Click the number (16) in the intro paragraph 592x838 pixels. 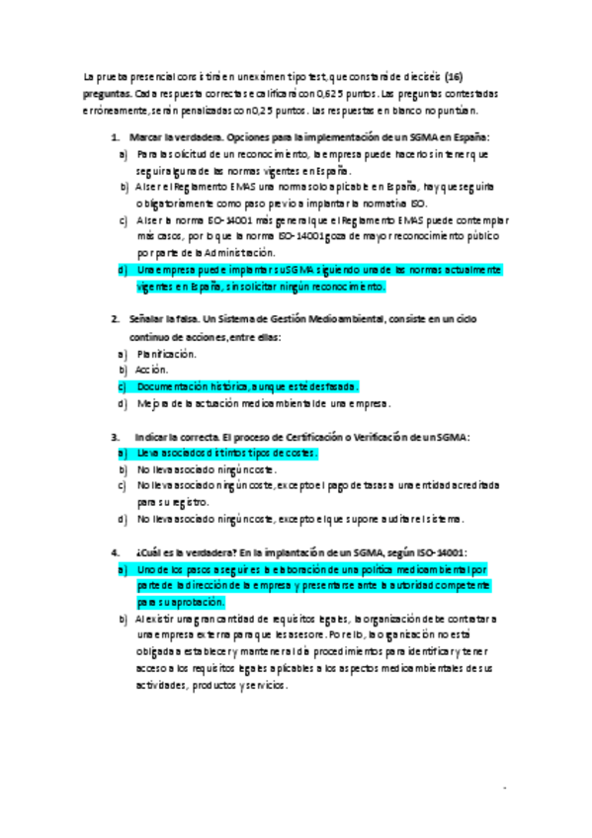[454, 76]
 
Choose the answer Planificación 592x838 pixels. [168, 353]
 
